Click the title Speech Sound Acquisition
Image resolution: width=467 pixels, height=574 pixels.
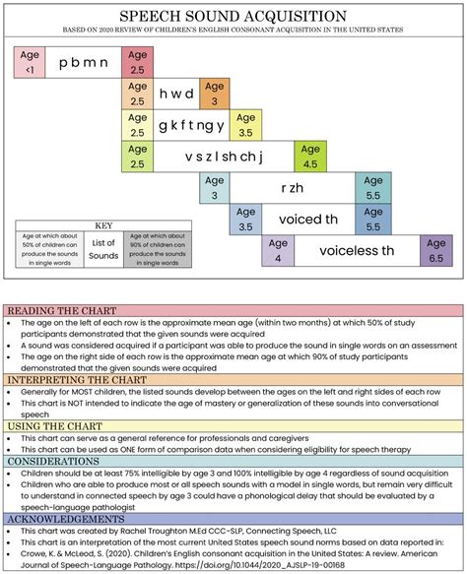233,17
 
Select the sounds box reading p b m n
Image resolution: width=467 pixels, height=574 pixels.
82,61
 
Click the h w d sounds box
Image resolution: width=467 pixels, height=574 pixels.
177,95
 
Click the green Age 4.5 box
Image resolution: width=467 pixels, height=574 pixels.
310,157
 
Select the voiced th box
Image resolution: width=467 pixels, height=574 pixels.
307,219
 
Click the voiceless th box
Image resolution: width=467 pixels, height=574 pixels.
343,250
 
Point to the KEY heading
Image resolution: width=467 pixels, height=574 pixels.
102,224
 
